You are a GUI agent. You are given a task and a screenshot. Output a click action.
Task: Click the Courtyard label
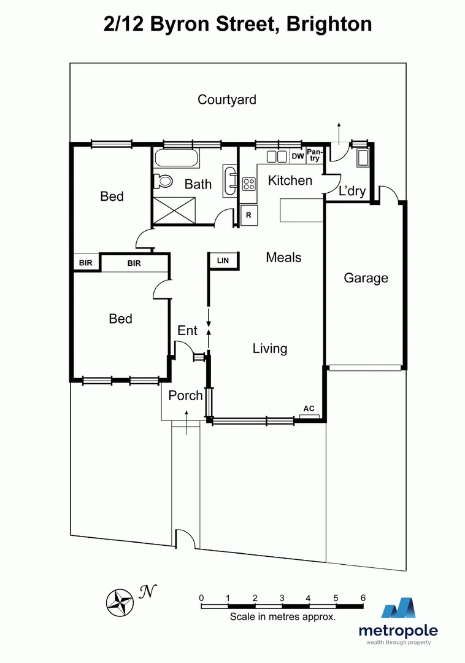(x=227, y=99)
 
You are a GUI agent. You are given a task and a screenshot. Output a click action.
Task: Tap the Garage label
(x=366, y=278)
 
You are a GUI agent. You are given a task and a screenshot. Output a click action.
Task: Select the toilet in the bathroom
(x=163, y=180)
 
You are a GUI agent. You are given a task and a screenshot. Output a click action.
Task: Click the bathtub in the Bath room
(x=177, y=158)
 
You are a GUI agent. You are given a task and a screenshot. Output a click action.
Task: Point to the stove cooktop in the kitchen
(x=249, y=184)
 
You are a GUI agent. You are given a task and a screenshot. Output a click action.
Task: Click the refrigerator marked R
(x=249, y=215)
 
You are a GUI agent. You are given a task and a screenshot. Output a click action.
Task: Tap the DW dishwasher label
(x=298, y=157)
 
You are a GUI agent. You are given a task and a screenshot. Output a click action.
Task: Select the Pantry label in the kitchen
(x=314, y=155)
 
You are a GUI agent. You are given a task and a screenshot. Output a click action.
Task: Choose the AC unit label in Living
(x=309, y=409)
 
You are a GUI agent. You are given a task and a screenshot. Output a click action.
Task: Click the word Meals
(x=283, y=257)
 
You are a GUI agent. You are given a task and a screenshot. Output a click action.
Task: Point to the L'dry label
(x=352, y=191)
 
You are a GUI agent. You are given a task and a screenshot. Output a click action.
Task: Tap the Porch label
(x=185, y=395)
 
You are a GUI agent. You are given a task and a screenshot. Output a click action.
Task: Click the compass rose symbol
(x=120, y=601)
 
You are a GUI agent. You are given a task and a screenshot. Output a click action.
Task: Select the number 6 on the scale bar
(x=363, y=597)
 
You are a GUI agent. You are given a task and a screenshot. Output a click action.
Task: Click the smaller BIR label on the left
(x=85, y=263)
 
